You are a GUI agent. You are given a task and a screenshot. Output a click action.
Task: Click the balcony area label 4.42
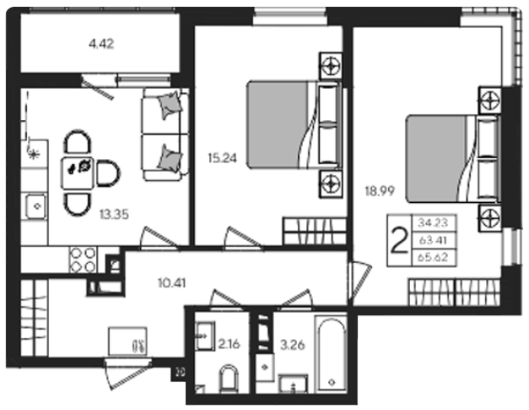[101, 44]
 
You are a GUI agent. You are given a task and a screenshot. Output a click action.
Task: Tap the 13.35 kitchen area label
[114, 214]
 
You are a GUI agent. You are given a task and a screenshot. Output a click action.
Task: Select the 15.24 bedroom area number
[223, 158]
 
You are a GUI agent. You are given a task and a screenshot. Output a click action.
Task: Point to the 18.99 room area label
[380, 191]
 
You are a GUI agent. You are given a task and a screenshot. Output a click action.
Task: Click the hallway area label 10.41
[172, 283]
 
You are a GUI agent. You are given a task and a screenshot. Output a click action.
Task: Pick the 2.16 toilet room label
[229, 344]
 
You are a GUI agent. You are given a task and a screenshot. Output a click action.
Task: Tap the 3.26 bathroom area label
[293, 345]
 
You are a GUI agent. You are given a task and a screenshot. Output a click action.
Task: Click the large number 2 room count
[399, 241]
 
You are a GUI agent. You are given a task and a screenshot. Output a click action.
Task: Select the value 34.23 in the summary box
[433, 222]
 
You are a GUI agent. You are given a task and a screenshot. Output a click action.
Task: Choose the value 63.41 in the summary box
[433, 240]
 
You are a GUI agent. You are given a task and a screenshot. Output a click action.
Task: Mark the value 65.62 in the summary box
[433, 258]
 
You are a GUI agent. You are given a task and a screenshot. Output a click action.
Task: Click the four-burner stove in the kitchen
[83, 260]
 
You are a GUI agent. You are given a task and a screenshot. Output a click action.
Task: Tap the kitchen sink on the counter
[34, 206]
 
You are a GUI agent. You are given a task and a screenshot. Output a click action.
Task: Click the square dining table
[78, 173]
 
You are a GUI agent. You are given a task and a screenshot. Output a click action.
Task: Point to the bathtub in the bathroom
[331, 354]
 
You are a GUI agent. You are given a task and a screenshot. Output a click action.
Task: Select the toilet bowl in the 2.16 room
[229, 379]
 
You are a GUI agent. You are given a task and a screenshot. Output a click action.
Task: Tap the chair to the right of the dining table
[108, 173]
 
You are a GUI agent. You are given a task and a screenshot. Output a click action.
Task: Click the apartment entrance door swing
[127, 374]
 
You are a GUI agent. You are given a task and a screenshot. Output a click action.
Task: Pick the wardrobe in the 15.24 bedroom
[315, 231]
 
